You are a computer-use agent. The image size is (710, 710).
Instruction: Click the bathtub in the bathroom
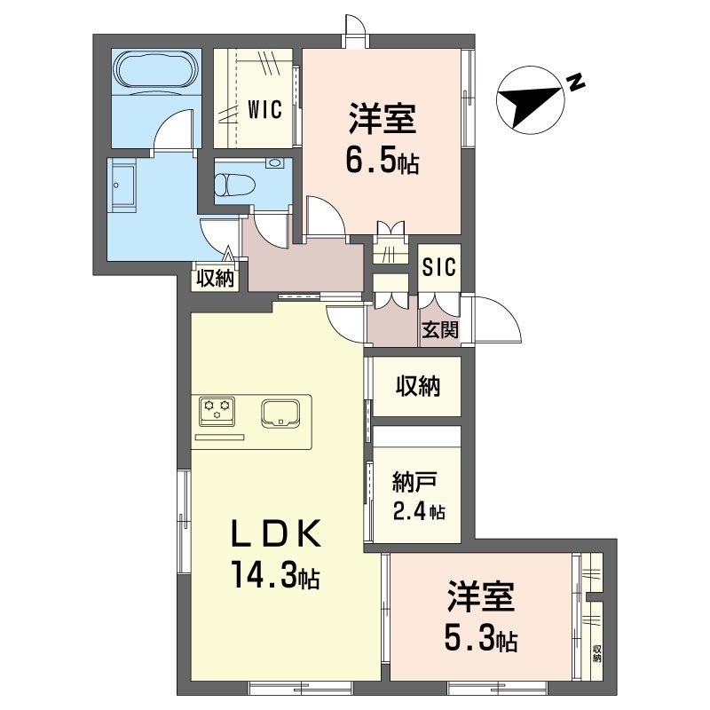point(157,72)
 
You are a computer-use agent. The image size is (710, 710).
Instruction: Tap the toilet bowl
point(234,185)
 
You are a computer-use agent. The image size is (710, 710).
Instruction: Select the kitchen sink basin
point(280,413)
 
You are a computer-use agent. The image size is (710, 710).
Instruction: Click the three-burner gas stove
point(217,411)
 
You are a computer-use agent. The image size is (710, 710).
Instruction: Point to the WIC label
point(264,109)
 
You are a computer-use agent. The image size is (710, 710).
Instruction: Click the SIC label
point(438,267)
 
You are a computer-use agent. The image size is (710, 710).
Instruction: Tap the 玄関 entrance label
point(440,329)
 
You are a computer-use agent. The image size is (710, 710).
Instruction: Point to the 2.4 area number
point(410,512)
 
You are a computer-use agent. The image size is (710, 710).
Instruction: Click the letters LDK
point(276,533)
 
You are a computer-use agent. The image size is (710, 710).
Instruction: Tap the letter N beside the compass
point(575,82)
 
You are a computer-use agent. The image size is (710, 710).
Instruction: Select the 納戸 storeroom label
point(414,482)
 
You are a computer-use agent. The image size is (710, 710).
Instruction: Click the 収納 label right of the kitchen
point(418,386)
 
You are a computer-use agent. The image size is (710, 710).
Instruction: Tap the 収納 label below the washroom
point(215,279)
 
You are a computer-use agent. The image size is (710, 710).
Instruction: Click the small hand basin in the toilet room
point(273,163)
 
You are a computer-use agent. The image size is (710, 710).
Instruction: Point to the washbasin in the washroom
point(122,186)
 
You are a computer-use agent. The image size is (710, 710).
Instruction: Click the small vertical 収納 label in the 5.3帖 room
point(596,653)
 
